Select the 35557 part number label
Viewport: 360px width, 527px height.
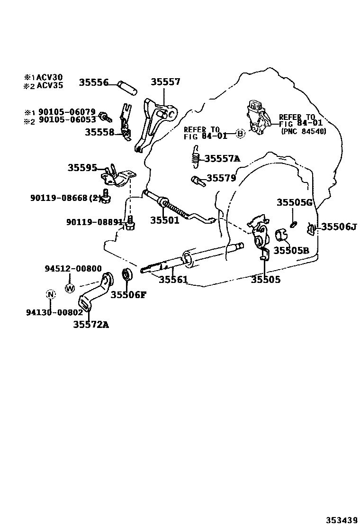165,82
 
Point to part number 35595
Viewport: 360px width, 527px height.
82,168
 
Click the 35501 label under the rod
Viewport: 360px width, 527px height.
165,220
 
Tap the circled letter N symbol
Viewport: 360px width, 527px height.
51,295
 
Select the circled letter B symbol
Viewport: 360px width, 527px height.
240,134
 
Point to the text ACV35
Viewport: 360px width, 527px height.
50,86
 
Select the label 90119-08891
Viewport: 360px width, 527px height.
94,221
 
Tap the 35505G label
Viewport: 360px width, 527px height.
295,203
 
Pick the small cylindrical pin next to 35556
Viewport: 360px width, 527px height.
128,86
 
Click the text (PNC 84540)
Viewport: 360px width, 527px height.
303,131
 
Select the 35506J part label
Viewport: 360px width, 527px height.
338,227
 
